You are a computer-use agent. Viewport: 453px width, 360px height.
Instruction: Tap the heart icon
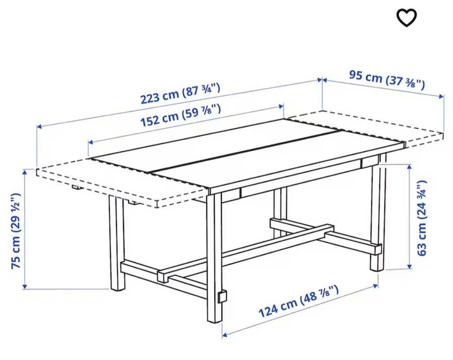[x=406, y=18]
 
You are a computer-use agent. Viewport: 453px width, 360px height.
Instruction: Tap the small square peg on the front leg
[x=222, y=297]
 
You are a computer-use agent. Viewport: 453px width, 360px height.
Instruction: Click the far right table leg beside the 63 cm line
[x=378, y=216]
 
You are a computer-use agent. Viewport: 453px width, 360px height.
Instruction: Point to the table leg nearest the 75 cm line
[x=116, y=242]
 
